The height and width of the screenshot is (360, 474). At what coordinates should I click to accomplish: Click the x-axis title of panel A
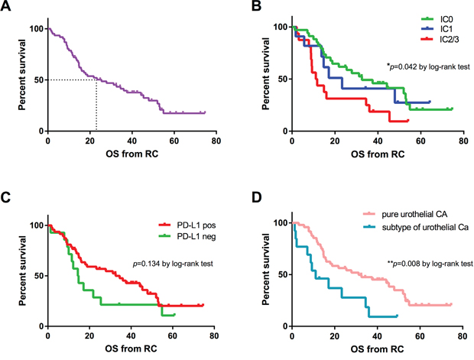(x=131, y=157)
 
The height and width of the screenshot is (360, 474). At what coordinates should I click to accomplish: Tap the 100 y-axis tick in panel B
(x=278, y=28)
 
